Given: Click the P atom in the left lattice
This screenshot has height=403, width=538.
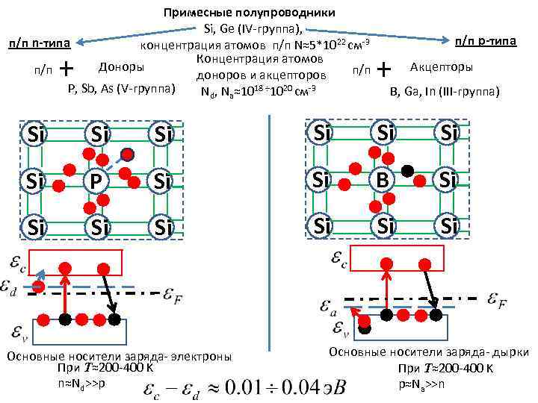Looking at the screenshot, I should coord(96,181).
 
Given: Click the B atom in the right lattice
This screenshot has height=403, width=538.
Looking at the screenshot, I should coord(383,180).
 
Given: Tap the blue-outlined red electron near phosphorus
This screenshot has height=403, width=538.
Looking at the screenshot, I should coord(127,155).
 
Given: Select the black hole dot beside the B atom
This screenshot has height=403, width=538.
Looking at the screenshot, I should coord(407,170).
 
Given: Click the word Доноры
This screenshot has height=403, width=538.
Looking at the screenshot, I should coord(121,67).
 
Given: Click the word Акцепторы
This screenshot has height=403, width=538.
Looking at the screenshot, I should coord(441,68).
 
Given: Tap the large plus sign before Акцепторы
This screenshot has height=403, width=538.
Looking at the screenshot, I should coord(385,69).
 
